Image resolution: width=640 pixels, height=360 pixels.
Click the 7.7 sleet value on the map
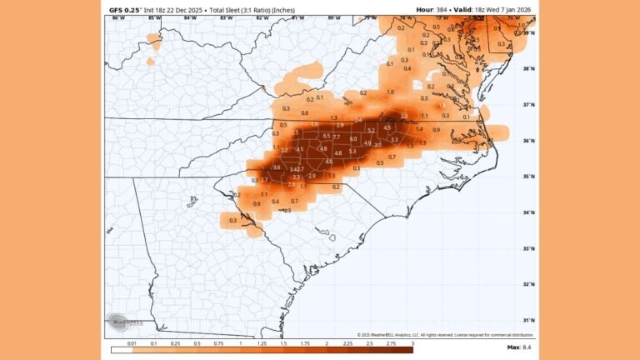tap(337, 136)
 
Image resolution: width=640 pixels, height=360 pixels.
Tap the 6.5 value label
tap(327, 136)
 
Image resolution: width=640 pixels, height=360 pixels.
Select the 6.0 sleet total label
tap(353, 139)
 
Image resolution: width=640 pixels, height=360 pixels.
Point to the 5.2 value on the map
tap(371, 131)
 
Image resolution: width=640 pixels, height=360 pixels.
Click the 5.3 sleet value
tap(352, 152)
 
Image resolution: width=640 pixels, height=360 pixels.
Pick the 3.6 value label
tap(276, 168)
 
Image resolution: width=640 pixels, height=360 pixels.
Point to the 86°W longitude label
tap(118, 17)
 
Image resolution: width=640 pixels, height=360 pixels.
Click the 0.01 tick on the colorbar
tap(132, 342)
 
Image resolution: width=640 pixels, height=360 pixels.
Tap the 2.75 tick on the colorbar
tap(392, 342)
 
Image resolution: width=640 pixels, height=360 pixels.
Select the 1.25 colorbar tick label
tap(262, 342)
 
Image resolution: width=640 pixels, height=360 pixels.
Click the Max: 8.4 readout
tap(518, 347)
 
